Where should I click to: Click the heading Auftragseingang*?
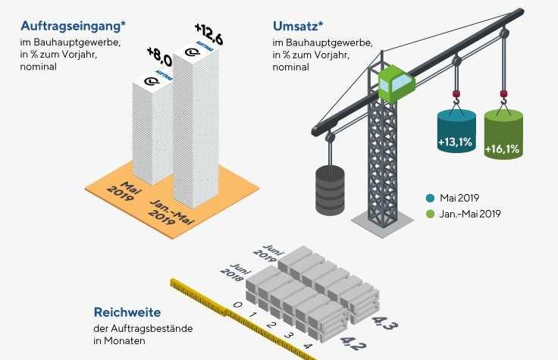[74, 24]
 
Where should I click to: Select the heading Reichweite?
[127, 311]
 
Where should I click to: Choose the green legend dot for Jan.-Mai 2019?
[430, 214]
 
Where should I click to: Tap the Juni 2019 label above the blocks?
[274, 252]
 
